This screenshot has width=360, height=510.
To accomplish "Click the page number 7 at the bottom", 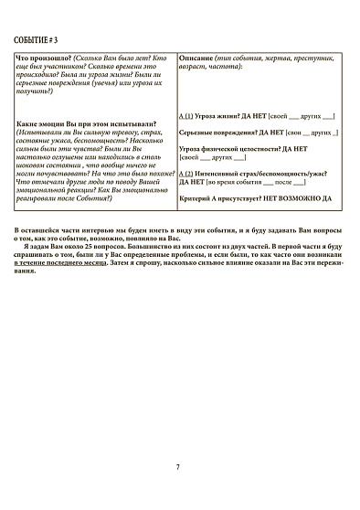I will coord(178,466).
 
